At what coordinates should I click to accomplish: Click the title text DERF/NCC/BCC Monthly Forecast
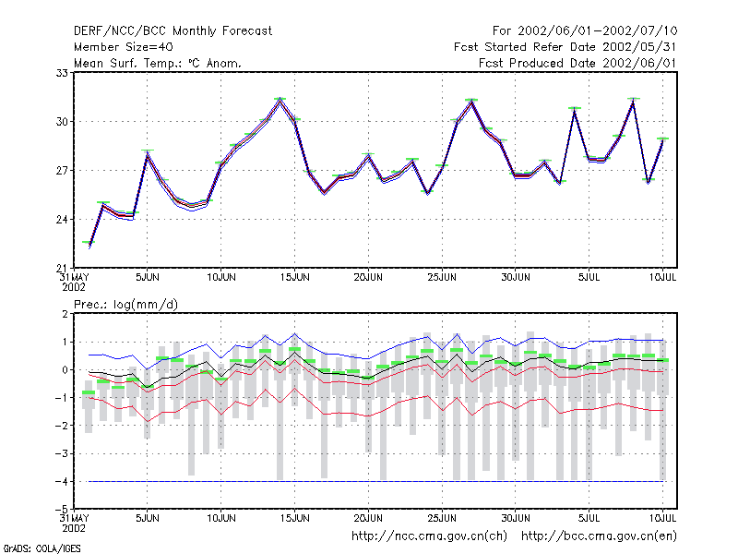click(173, 31)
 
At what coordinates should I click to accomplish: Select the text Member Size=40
click(124, 47)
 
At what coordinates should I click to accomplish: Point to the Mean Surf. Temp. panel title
click(158, 63)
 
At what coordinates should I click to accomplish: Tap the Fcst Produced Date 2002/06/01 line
click(577, 63)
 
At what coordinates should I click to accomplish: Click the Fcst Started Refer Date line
click(565, 47)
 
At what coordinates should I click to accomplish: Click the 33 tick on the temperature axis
click(62, 73)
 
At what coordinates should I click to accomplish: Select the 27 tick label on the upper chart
click(62, 171)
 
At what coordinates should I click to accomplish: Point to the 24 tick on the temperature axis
click(62, 220)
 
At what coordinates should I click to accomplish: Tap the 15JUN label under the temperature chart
click(295, 278)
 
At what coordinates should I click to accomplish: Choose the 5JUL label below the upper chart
click(589, 278)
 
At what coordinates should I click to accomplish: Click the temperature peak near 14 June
click(280, 100)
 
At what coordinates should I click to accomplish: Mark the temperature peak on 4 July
click(574, 109)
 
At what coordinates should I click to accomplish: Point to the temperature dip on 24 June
click(427, 193)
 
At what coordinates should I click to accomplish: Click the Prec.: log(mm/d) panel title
click(126, 305)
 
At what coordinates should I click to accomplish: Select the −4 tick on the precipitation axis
click(61, 482)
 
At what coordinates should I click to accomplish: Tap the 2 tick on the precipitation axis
click(65, 314)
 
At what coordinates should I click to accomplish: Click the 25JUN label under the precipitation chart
click(442, 518)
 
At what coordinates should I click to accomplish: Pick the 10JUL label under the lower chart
click(662, 518)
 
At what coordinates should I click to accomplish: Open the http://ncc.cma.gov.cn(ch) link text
click(429, 536)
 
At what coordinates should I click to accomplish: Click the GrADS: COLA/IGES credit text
click(42, 548)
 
